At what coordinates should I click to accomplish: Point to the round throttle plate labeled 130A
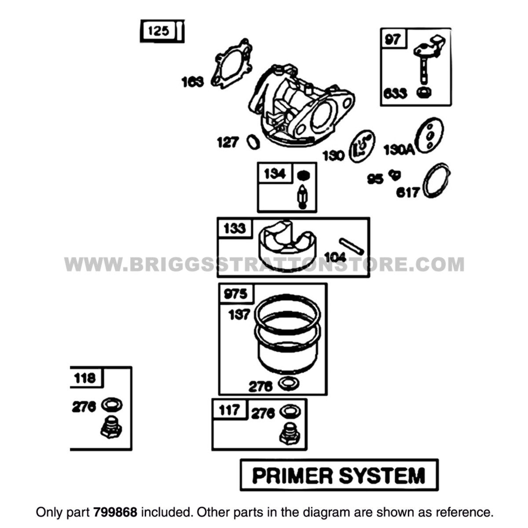click(429, 135)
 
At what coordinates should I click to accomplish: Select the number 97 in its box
click(393, 40)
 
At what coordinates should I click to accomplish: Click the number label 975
click(236, 294)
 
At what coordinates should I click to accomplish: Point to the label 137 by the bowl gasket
click(239, 314)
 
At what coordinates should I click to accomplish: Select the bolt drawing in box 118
click(111, 427)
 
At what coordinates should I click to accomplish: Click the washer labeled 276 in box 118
click(112, 404)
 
